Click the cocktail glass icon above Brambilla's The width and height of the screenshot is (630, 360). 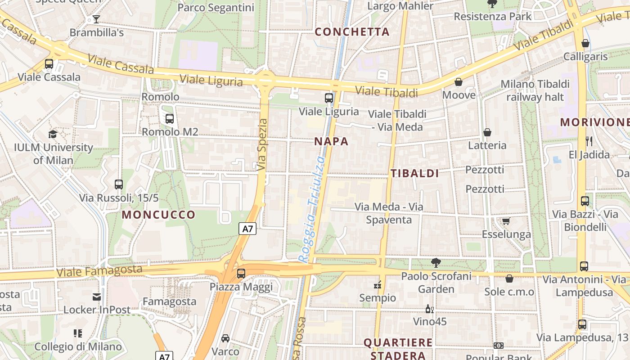coord(96,19)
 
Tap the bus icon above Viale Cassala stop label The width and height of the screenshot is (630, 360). coord(49,64)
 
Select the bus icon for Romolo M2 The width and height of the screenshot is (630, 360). coord(169,119)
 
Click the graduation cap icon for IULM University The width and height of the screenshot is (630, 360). coord(53,134)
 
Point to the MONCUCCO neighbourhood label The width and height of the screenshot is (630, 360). coord(158,215)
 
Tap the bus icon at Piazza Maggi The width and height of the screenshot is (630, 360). coord(241,273)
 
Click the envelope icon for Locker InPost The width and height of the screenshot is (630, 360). coord(96,297)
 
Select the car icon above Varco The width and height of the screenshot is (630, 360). coord(225,338)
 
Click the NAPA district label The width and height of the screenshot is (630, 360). coord(331,141)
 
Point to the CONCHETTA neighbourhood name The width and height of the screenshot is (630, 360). coord(352,31)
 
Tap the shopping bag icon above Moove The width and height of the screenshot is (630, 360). coord(458,82)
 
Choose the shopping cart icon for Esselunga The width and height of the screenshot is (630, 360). coord(506,221)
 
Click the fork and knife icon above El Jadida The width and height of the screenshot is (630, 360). coord(589,141)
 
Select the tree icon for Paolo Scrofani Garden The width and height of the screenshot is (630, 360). coord(435,262)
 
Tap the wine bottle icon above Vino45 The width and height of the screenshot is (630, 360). coord(429,309)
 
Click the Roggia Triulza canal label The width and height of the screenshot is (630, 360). coord(312,209)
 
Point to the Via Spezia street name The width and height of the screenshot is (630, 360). coord(262,144)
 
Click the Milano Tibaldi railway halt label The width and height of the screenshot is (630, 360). coord(535,90)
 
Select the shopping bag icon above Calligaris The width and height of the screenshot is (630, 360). coord(585,43)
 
